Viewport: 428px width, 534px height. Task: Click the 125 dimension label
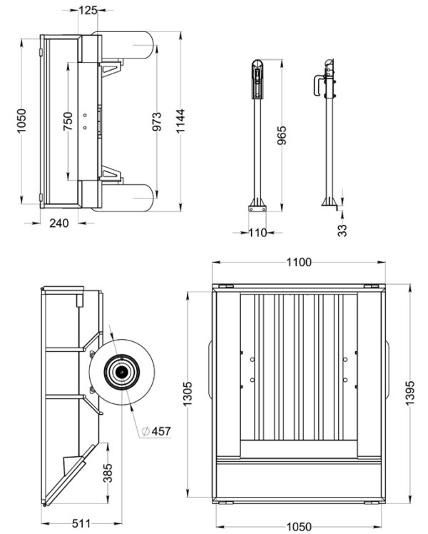click(88, 10)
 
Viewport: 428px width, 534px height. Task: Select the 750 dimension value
click(67, 121)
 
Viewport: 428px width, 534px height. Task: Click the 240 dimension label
click(59, 223)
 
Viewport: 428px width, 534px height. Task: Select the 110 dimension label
click(258, 233)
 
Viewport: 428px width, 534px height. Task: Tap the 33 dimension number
click(342, 230)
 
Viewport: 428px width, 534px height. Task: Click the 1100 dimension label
click(299, 263)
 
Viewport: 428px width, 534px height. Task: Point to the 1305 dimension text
click(188, 393)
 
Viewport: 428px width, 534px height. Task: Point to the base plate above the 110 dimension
click(257, 209)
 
